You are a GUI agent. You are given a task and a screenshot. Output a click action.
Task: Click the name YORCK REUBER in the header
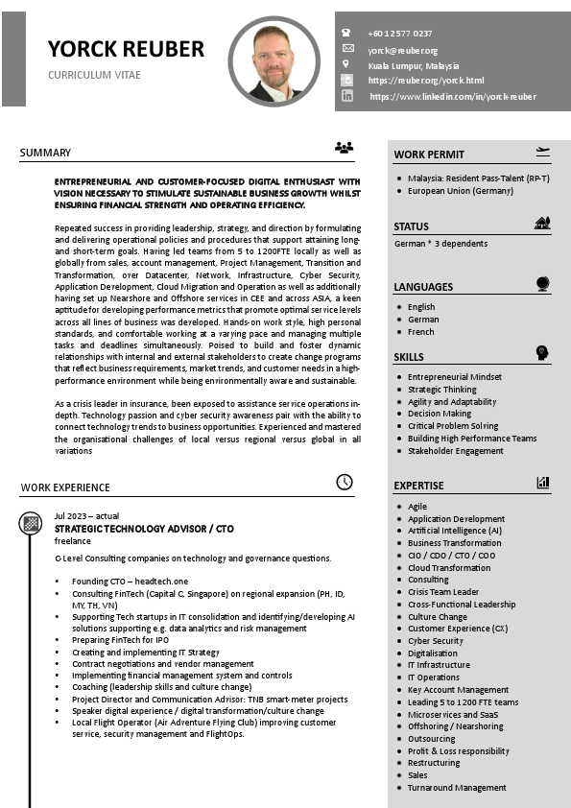pyautogui.click(x=126, y=49)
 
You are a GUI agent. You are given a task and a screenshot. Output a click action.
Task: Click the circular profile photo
pyautogui.click(x=274, y=60)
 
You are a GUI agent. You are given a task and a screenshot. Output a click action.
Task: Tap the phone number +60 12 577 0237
pyautogui.click(x=399, y=34)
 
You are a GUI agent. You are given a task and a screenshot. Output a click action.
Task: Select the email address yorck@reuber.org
pyautogui.click(x=402, y=50)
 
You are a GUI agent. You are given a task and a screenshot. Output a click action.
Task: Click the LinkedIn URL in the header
pyautogui.click(x=452, y=97)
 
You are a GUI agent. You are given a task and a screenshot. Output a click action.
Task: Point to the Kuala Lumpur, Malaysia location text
pyautogui.click(x=413, y=65)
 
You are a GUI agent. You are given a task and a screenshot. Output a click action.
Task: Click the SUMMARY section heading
pyautogui.click(x=45, y=153)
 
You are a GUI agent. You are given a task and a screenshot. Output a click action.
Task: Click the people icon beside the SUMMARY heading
pyautogui.click(x=344, y=148)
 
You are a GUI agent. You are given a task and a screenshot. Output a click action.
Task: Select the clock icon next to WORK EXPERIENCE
pyautogui.click(x=344, y=482)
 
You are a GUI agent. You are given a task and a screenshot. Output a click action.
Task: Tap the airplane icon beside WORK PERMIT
pyautogui.click(x=542, y=151)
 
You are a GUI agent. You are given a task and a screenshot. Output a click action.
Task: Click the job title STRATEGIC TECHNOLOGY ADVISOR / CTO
pyautogui.click(x=144, y=529)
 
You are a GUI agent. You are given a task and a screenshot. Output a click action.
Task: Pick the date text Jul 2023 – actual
pyautogui.click(x=86, y=516)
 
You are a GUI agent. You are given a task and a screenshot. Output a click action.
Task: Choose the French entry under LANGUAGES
pyautogui.click(x=420, y=332)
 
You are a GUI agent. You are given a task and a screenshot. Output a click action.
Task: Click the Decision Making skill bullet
pyautogui.click(x=440, y=415)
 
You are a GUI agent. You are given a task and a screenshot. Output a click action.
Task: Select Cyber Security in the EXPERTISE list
pyautogui.click(x=436, y=641)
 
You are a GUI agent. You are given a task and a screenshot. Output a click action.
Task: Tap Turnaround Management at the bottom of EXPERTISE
pyautogui.click(x=457, y=788)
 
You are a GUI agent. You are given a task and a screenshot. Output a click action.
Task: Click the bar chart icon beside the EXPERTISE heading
pyautogui.click(x=543, y=483)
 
